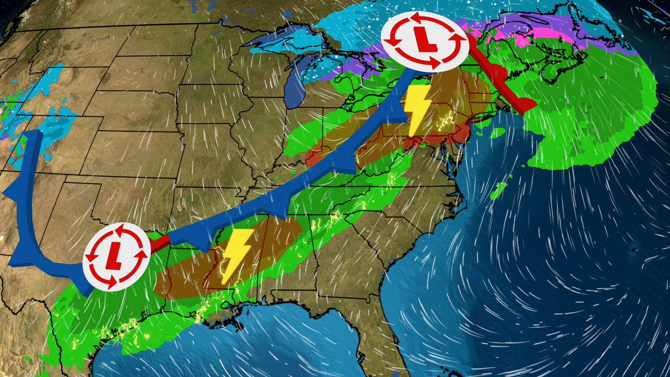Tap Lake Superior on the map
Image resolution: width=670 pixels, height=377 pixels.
[x=276, y=38]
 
